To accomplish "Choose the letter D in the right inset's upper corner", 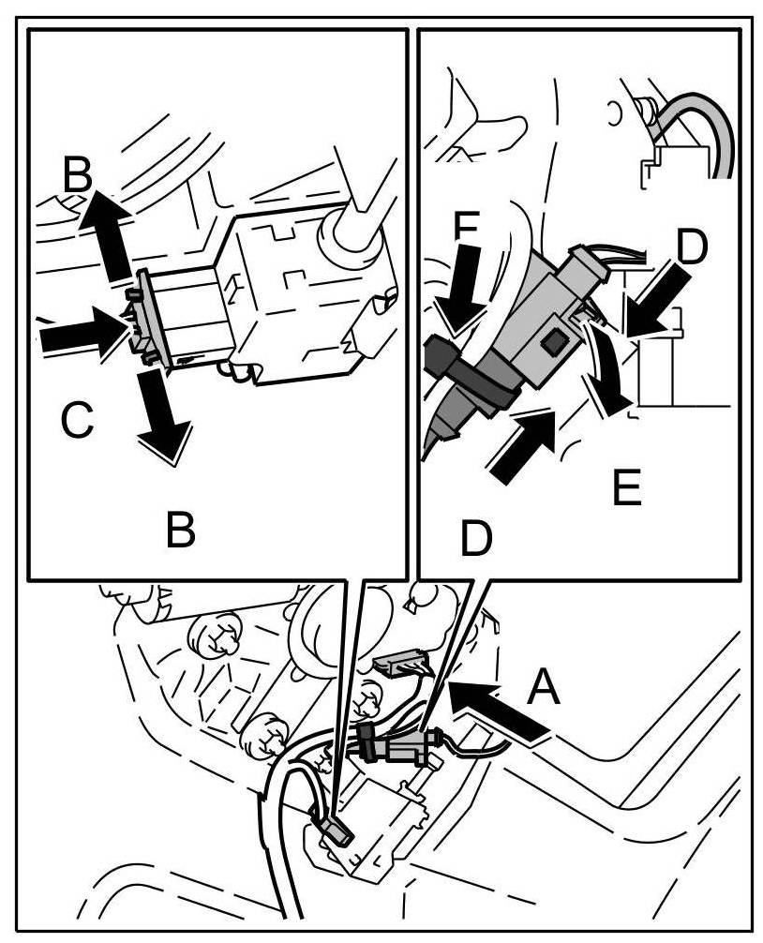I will [690, 246].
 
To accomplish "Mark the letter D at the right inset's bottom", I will [477, 537].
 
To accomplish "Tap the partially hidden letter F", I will [466, 228].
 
